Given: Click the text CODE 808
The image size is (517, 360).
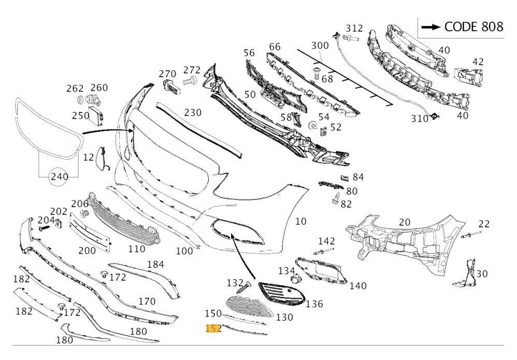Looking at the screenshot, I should pyautogui.click(x=473, y=27).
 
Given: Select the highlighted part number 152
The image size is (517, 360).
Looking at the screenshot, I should pyautogui.click(x=213, y=328).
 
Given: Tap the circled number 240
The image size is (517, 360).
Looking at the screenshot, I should pyautogui.click(x=59, y=177).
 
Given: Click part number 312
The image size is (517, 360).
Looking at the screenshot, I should pyautogui.click(x=354, y=28).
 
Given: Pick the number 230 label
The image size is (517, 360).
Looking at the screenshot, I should pyautogui.click(x=192, y=112).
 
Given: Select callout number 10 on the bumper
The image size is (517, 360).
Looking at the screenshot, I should pyautogui.click(x=300, y=222).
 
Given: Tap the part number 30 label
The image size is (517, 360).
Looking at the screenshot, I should pyautogui.click(x=482, y=274).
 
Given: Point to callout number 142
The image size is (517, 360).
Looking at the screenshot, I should pyautogui.click(x=326, y=241).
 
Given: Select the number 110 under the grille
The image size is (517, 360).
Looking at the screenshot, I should pyautogui.click(x=136, y=249).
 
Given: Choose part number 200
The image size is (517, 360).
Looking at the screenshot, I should pyautogui.click(x=87, y=251).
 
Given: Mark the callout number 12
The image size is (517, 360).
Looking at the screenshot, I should pyautogui.click(x=89, y=157).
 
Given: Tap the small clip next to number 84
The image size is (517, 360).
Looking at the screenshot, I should pyautogui.click(x=343, y=178).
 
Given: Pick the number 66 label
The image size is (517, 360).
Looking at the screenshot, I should pyautogui.click(x=275, y=47).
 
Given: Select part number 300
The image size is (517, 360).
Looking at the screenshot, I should pyautogui.click(x=320, y=46).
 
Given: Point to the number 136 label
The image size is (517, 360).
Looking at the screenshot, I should pyautogui.click(x=314, y=303).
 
